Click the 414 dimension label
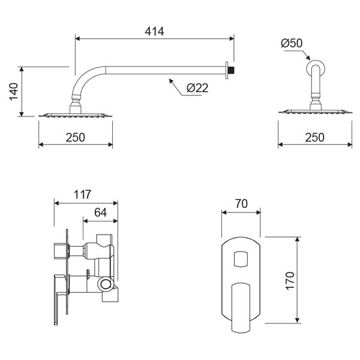pos(154,31)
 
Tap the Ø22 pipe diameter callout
pos(197,88)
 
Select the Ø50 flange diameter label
pos(292,43)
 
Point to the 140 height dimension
pos(14,91)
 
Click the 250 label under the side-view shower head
pos(76,137)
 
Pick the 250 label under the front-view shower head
pos(315,137)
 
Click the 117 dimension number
pos(82,194)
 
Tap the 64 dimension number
pos(101,212)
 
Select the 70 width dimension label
pos(241,203)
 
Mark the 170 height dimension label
pos(290,281)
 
